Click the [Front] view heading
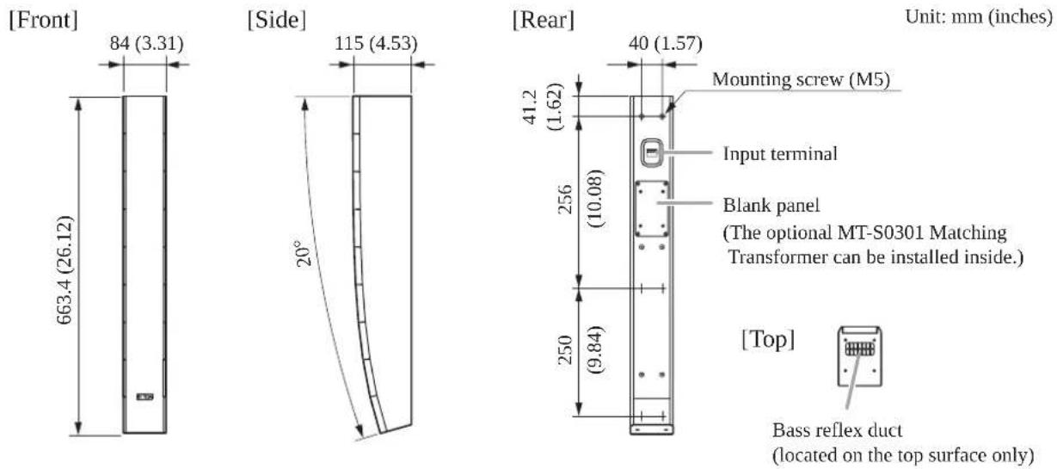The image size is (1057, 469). point(43,20)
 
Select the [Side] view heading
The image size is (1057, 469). point(277,20)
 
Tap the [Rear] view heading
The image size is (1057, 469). point(544,20)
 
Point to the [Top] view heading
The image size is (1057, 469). point(768,339)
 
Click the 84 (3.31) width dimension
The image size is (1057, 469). point(147,43)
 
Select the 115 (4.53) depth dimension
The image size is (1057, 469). point(376,43)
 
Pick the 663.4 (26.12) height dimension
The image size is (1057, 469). point(65,269)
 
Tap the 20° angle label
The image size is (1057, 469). point(304,254)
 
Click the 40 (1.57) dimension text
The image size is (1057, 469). point(666,43)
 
